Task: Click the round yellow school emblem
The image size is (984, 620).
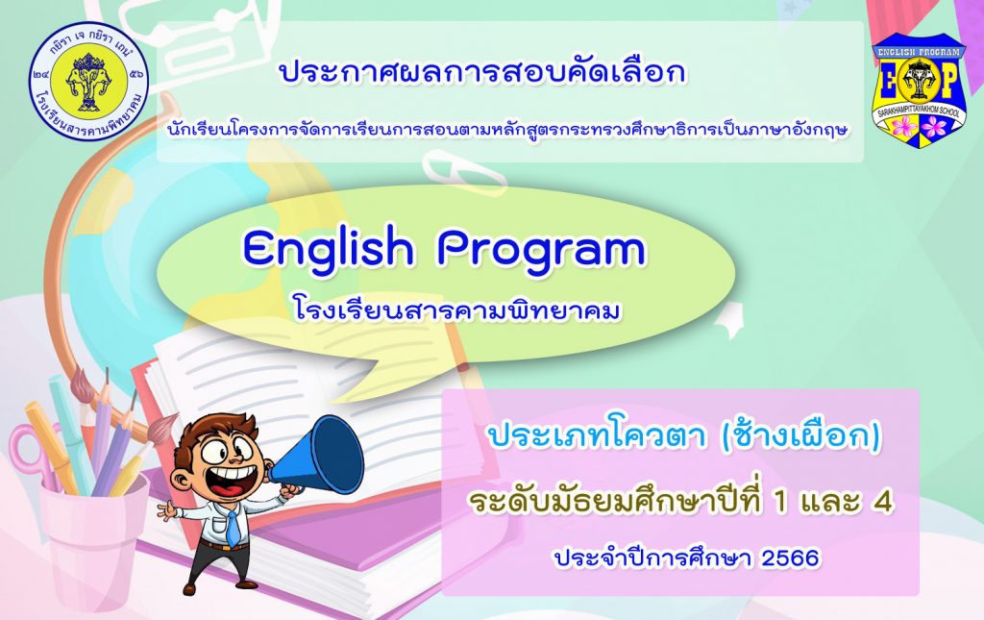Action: (89, 82)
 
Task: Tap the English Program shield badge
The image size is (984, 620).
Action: (920, 90)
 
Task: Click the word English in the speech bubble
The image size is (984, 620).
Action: (329, 251)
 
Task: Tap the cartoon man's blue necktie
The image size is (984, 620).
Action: (233, 527)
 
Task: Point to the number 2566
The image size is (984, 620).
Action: (790, 558)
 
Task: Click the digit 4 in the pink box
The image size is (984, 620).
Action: (883, 502)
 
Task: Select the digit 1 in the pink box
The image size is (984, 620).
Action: (781, 502)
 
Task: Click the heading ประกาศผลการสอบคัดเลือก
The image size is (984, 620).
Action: (482, 72)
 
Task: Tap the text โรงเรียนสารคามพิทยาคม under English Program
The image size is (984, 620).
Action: (456, 310)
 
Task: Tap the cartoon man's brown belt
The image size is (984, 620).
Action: (224, 546)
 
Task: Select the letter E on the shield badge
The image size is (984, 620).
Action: (890, 82)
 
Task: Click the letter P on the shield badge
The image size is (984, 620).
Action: (948, 82)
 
